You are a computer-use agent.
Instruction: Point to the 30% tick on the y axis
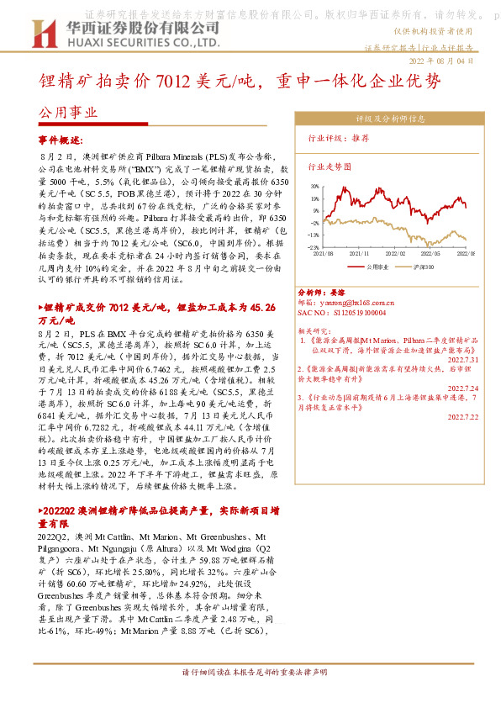tap(313, 184)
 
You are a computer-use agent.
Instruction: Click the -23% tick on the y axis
tap(313, 247)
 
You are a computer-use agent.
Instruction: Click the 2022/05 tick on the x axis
tap(432, 252)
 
